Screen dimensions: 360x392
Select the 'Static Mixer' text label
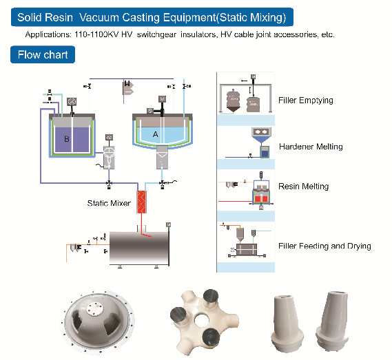(x=109, y=203)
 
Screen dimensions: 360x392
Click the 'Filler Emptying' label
(x=305, y=100)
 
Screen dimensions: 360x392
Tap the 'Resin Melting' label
(x=303, y=187)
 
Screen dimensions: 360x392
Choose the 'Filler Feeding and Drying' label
(x=324, y=246)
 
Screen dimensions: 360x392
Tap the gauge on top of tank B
(x=71, y=104)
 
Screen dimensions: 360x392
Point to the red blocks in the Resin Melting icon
(x=260, y=198)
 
